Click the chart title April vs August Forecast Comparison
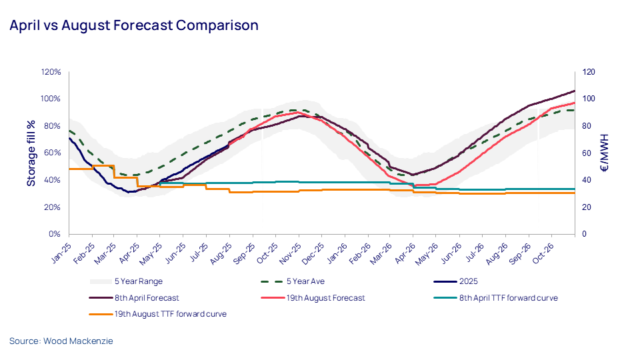(x=133, y=26)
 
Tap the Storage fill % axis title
(x=31, y=153)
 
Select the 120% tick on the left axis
(x=52, y=72)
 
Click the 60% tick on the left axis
(x=53, y=153)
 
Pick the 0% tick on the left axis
(x=56, y=235)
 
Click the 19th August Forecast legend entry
(x=325, y=298)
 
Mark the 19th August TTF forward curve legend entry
(x=171, y=314)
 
